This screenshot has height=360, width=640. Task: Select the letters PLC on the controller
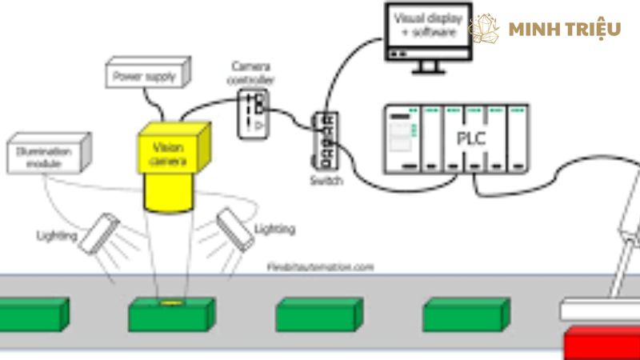click(x=472, y=138)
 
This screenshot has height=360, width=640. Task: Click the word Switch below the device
click(x=326, y=181)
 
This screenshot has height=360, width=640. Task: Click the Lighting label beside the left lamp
click(x=57, y=235)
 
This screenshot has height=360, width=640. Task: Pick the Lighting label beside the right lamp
click(x=274, y=230)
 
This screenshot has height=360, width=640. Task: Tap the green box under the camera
click(x=170, y=315)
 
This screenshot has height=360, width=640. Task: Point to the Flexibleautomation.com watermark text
click(x=319, y=267)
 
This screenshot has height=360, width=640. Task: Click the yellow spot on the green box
click(x=170, y=303)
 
